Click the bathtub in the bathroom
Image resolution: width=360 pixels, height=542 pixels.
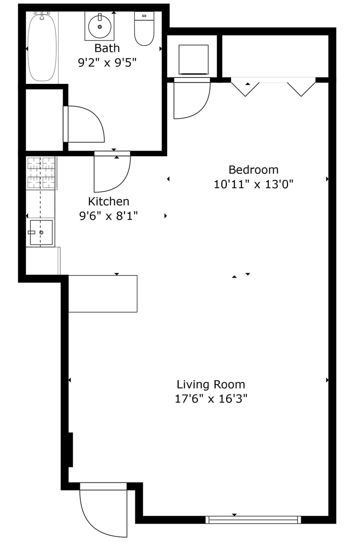point(42,47)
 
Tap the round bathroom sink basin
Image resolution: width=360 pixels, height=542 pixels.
point(100,27)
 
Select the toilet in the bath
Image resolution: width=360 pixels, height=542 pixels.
point(144,29)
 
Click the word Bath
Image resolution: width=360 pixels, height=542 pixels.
point(107,48)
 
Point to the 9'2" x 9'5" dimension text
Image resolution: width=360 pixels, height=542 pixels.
point(107,62)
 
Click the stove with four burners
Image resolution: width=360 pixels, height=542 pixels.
point(41,173)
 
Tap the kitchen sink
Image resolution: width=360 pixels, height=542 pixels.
point(41,232)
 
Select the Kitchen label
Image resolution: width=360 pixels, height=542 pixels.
point(108,202)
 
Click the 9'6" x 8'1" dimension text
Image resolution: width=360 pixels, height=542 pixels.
point(108,216)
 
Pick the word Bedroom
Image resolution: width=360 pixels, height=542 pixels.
point(253,170)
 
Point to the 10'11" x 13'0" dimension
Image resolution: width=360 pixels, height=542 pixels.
point(253,184)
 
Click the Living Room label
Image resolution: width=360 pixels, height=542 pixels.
point(211,385)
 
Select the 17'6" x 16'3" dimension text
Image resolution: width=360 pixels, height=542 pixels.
point(211,399)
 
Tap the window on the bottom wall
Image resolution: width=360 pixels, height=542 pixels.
point(253,520)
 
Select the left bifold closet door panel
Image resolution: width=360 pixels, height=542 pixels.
point(245,88)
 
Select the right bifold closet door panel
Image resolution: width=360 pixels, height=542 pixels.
point(301,88)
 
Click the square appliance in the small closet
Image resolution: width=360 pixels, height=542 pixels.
point(193,60)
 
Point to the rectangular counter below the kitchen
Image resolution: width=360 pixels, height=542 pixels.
point(103,293)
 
